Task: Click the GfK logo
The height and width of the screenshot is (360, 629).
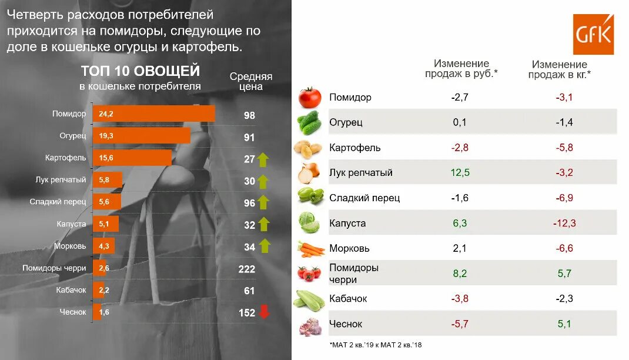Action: [x=593, y=34]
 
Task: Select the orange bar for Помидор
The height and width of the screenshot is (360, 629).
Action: [x=153, y=114]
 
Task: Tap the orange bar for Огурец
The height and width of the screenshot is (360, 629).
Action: [x=141, y=136]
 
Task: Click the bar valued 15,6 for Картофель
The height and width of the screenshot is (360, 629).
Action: [x=132, y=158]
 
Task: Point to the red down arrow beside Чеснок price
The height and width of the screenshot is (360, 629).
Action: [x=264, y=312]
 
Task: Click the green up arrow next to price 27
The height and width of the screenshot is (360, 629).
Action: [x=263, y=159]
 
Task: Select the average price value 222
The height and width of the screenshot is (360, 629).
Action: [x=247, y=269]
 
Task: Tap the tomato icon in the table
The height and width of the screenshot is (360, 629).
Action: [x=309, y=98]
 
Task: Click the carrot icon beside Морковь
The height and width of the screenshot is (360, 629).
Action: [x=310, y=249]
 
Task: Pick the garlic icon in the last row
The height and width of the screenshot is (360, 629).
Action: [x=310, y=325]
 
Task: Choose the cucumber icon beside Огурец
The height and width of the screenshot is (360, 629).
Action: [x=309, y=123]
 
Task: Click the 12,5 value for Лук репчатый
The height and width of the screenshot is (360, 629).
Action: [x=461, y=173]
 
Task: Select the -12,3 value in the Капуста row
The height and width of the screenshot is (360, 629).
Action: [x=564, y=224]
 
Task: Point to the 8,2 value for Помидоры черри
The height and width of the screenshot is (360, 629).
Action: [x=461, y=274]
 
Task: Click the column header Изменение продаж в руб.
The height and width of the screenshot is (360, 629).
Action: [x=461, y=69]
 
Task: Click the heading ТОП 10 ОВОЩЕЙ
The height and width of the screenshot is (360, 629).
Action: [x=140, y=71]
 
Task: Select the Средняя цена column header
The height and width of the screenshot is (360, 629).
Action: [x=250, y=81]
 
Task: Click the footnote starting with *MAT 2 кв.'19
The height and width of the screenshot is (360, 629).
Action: [x=376, y=345]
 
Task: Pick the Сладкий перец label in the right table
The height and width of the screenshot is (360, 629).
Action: [x=364, y=198]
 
